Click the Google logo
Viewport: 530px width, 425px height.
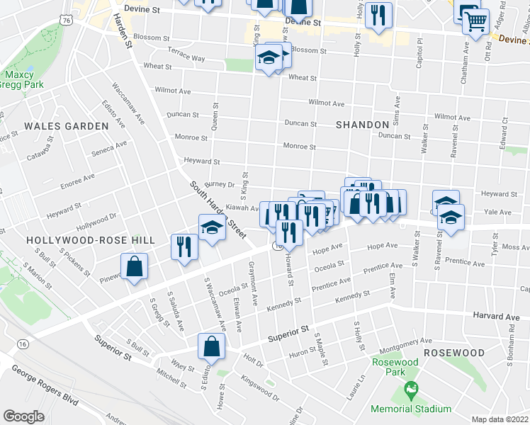(x=23, y=416)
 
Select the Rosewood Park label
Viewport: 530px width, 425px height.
(x=395, y=367)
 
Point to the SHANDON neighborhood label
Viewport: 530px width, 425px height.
(x=363, y=125)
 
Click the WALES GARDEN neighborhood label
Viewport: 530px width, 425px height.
(x=66, y=126)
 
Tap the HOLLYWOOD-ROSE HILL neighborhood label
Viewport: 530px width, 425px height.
(x=89, y=240)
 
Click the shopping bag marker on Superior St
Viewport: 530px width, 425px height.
(x=211, y=346)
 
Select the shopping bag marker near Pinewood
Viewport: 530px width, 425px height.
(x=134, y=267)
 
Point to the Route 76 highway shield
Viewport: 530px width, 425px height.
(x=66, y=21)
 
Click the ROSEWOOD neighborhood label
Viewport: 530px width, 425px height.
(x=454, y=353)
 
